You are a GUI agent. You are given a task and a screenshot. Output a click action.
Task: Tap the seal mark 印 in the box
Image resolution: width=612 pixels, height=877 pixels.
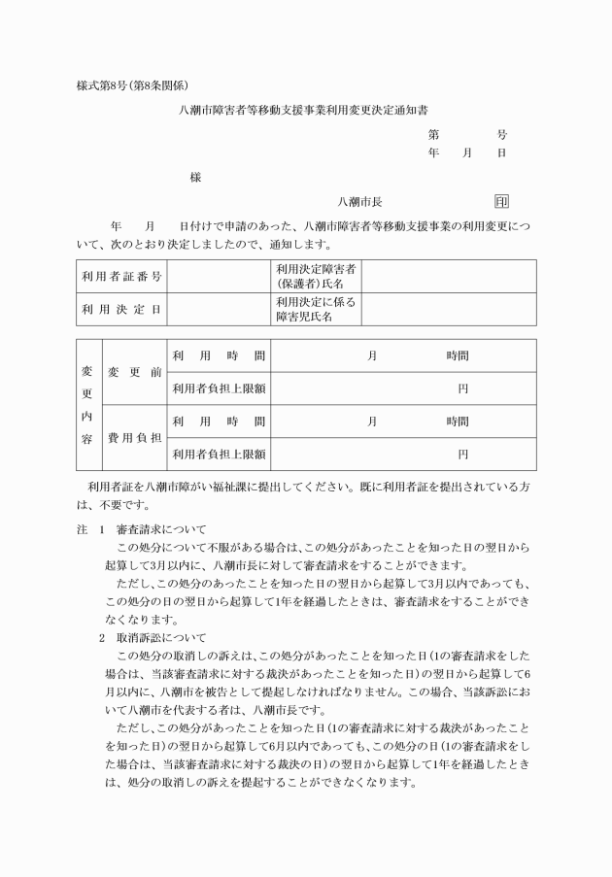(x=501, y=202)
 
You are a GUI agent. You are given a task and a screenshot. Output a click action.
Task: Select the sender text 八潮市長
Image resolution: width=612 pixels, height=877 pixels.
(x=359, y=202)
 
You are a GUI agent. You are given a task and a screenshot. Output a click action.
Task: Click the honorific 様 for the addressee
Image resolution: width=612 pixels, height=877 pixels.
(x=195, y=178)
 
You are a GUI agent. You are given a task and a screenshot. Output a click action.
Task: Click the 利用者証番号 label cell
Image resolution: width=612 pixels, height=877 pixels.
(x=121, y=276)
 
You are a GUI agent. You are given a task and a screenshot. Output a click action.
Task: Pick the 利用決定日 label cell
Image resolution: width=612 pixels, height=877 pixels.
(x=121, y=309)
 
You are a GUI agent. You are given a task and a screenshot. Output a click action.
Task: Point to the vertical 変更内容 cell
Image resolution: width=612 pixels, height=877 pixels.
(x=86, y=405)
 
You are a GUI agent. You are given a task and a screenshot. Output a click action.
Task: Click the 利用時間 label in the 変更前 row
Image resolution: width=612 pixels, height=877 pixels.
(x=218, y=355)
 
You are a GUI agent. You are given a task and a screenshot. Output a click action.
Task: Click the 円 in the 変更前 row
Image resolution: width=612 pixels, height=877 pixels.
(x=462, y=388)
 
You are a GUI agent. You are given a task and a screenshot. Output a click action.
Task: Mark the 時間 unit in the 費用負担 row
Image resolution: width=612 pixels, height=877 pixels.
(x=457, y=422)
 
